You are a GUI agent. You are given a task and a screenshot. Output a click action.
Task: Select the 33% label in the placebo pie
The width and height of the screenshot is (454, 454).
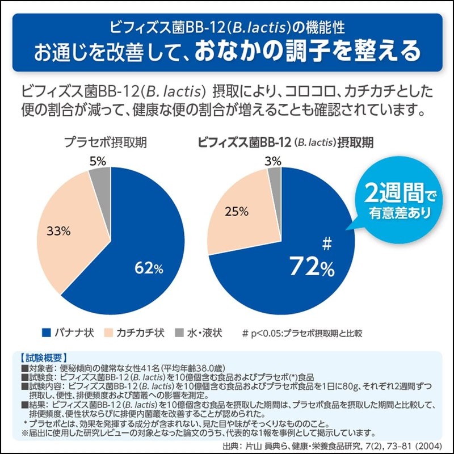point(58,231)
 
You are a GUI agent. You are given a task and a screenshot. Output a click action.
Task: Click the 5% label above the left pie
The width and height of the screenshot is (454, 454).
point(98,162)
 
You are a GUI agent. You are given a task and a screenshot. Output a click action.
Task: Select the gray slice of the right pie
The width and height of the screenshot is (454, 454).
point(275,180)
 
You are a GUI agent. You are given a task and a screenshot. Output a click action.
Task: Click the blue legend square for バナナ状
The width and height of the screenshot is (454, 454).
point(45,333)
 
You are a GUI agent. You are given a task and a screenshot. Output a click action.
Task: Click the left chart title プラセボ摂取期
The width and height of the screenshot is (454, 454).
point(105,142)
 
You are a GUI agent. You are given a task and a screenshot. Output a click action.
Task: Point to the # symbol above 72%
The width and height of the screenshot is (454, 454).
point(326,244)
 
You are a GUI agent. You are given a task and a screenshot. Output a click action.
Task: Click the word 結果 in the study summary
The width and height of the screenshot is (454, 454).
point(37,404)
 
